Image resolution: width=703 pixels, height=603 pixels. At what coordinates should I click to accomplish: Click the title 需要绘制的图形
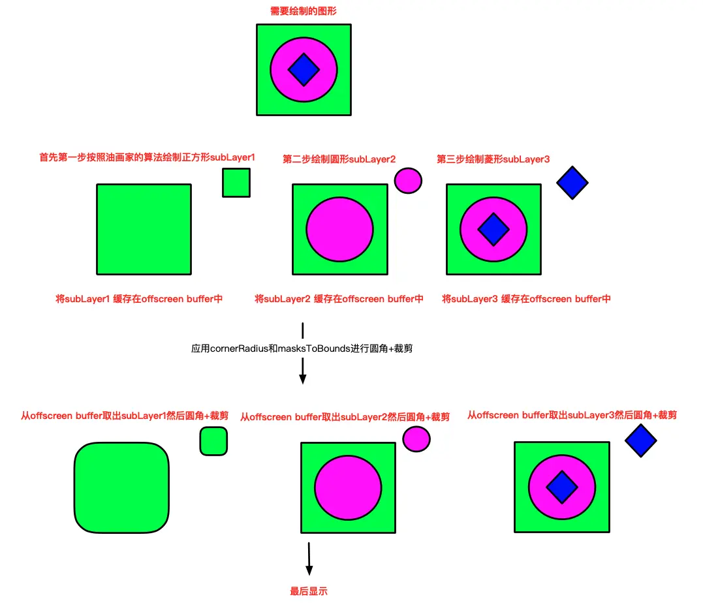(x=303, y=11)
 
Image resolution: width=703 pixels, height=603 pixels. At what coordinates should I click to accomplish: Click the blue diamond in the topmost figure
(x=304, y=69)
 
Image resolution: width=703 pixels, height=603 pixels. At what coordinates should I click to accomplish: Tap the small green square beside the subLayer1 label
(x=236, y=182)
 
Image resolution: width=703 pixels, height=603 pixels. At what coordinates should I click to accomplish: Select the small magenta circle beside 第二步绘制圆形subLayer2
(x=408, y=179)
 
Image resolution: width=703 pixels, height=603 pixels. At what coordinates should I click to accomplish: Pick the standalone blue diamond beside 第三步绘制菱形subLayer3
(x=572, y=183)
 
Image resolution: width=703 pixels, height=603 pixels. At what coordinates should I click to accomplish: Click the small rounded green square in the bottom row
(x=213, y=441)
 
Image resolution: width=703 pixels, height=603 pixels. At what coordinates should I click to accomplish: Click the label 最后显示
(x=308, y=592)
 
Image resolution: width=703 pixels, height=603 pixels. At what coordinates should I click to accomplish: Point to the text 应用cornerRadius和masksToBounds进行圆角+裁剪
(x=302, y=348)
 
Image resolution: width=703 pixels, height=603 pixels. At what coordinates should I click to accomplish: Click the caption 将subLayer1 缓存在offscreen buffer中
(x=139, y=299)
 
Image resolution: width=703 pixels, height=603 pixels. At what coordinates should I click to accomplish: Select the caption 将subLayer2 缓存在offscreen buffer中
(x=339, y=299)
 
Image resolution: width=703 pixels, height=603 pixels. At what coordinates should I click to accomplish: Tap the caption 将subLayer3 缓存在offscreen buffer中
(x=526, y=299)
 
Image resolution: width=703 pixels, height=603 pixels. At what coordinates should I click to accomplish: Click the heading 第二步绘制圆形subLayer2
(x=339, y=159)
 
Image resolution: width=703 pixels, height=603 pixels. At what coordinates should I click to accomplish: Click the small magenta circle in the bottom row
(x=416, y=439)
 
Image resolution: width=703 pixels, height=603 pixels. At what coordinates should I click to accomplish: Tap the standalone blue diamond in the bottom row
(x=640, y=441)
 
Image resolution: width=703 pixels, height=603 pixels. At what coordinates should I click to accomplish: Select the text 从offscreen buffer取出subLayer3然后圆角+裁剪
(x=572, y=414)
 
